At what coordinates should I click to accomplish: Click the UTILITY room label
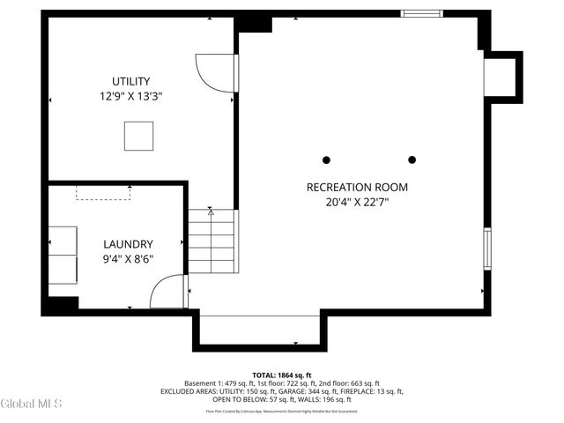coord(130,81)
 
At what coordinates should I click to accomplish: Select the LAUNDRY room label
coord(128,244)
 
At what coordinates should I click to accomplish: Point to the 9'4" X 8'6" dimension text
coord(128,259)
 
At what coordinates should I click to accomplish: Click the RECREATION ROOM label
coord(357,187)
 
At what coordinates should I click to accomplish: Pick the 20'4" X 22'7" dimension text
coord(357,202)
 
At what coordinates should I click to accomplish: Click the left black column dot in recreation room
coord(326,160)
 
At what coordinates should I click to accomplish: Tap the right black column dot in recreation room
coord(412,160)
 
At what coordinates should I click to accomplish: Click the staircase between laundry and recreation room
coord(211,241)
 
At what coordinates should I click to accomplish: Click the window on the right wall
coord(486,248)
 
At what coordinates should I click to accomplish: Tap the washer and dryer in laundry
coord(62,253)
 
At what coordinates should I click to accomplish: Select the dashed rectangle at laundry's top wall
coord(103,192)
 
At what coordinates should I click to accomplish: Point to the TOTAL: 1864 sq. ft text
coord(282,375)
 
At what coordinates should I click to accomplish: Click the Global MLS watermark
coord(32,404)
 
